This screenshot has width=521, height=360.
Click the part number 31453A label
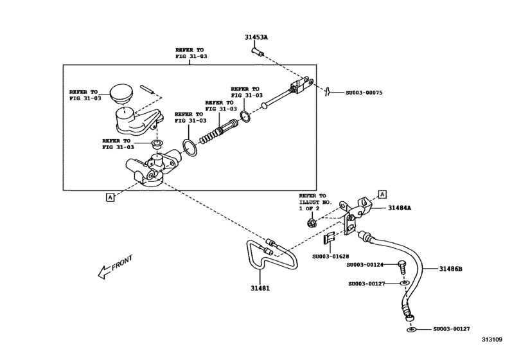[256, 37]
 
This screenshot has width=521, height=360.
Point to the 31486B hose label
[450, 269]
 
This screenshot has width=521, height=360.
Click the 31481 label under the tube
[260, 289]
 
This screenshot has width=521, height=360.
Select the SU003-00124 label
[365, 265]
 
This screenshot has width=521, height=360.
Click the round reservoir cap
[120, 93]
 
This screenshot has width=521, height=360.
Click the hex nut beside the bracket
[310, 224]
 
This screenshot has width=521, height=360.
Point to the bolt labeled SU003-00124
[401, 265]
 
